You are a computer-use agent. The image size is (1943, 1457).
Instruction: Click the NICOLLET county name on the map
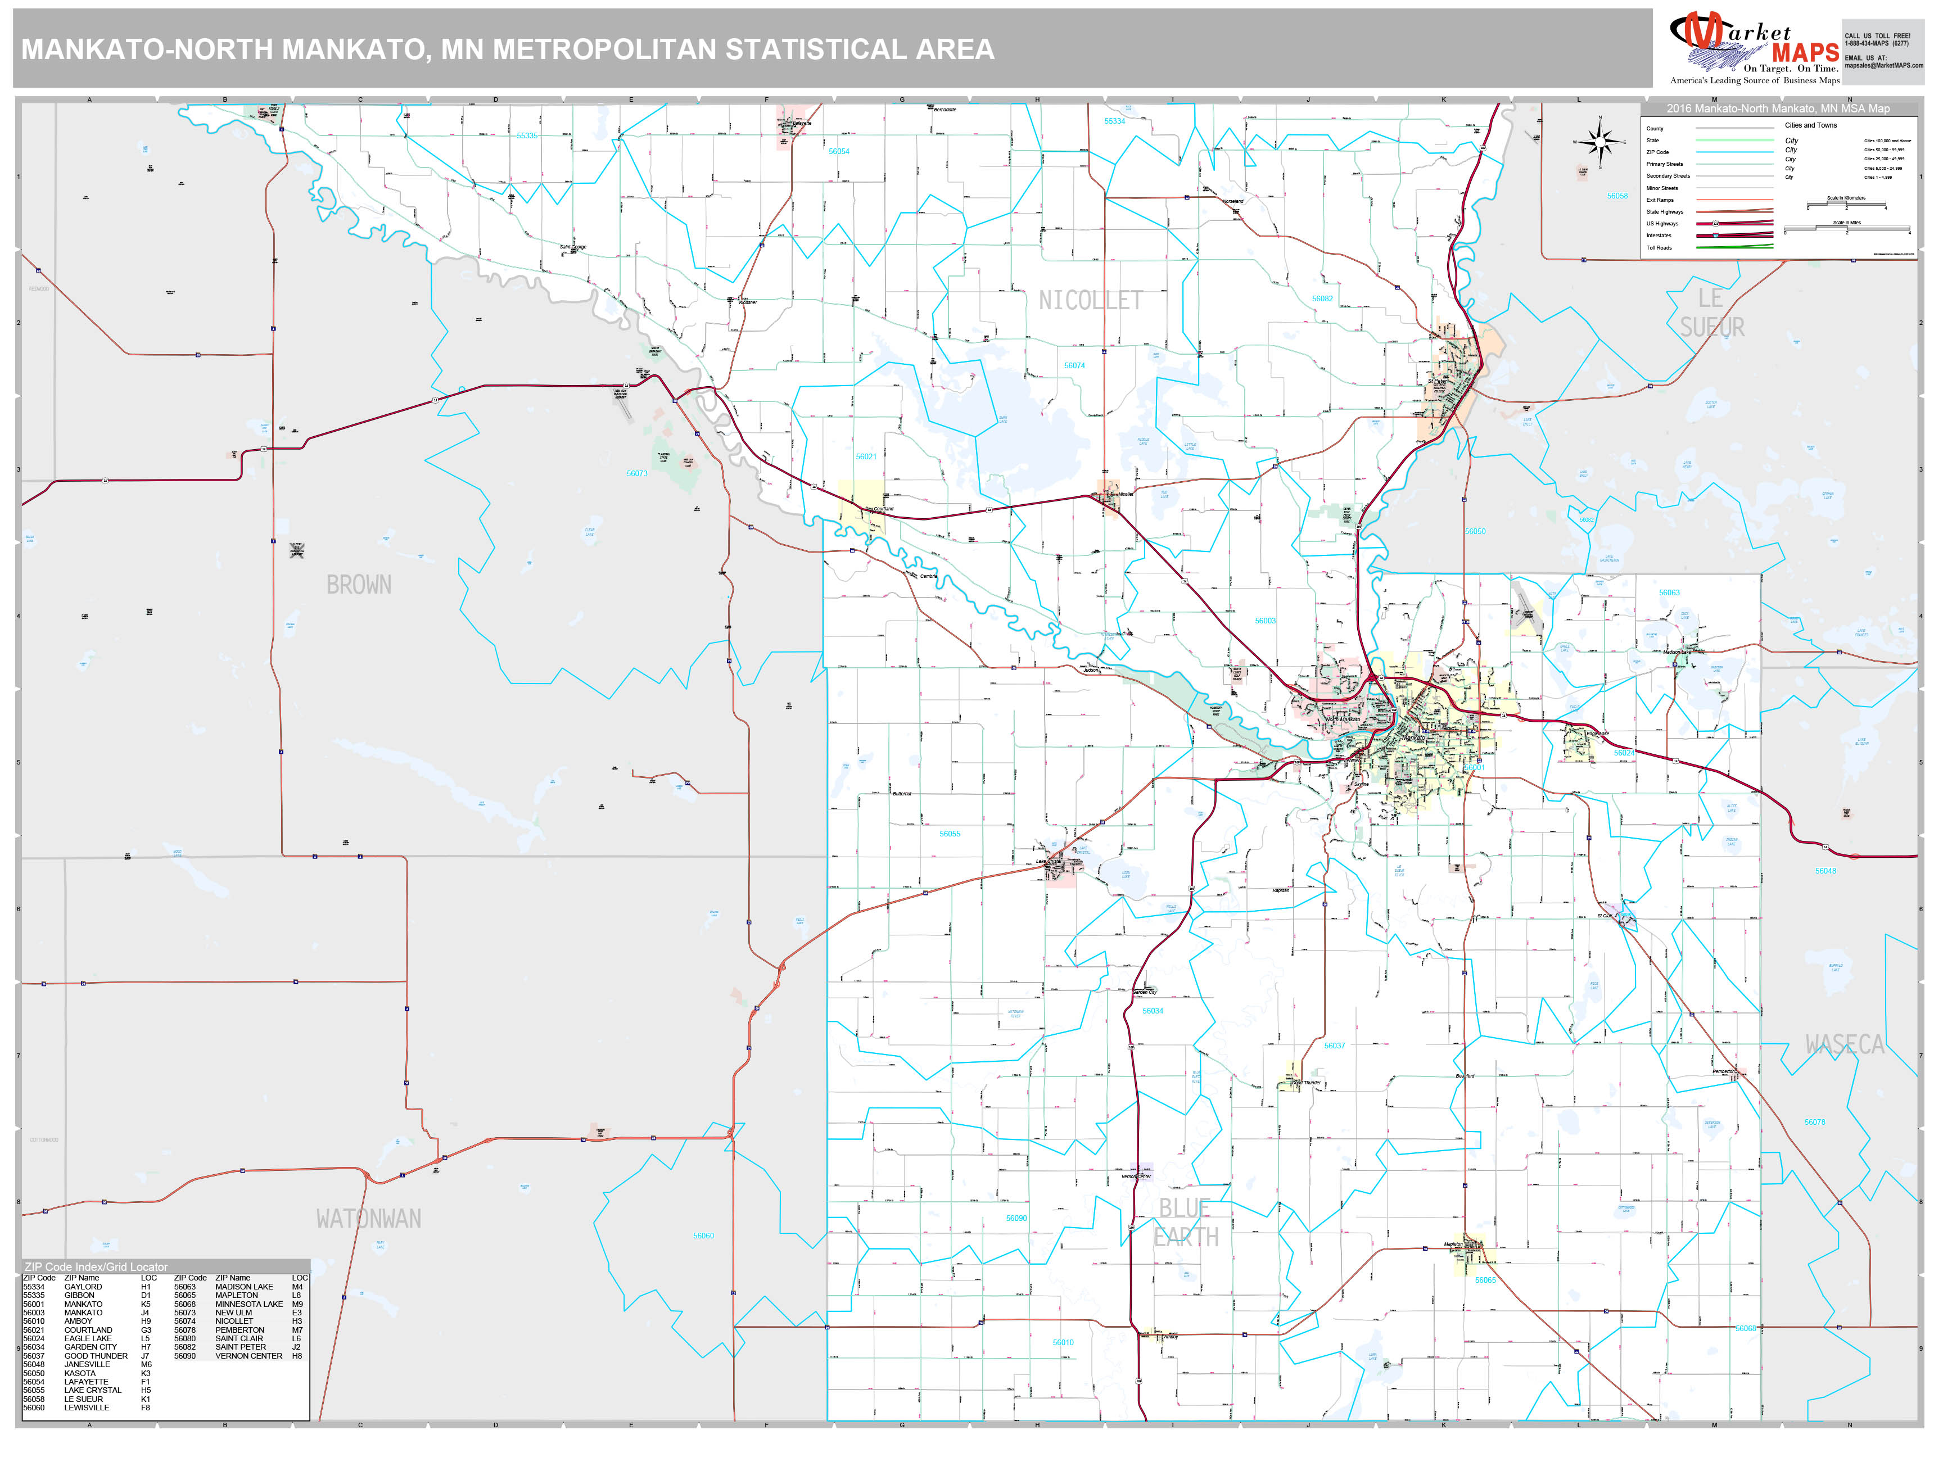[1090, 301]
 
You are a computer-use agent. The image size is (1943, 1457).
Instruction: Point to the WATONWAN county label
[369, 1219]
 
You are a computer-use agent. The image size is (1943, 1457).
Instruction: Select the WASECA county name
[1845, 1044]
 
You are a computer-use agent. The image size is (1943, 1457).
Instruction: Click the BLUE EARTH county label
[1185, 1223]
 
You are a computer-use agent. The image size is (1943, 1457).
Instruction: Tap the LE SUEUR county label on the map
[1712, 313]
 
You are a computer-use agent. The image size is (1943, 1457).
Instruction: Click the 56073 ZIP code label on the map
[637, 473]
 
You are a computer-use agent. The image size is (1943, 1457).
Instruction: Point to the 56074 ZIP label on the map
[1074, 365]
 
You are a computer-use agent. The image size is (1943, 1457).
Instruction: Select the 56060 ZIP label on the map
[703, 1236]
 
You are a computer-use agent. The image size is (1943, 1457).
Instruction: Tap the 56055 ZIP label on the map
[950, 834]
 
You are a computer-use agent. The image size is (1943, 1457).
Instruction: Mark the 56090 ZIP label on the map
[1016, 1218]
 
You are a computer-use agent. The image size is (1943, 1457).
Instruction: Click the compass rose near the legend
[1599, 142]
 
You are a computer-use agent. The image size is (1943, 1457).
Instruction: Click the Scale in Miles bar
[1846, 229]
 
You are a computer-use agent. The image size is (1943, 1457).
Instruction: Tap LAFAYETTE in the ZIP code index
[86, 1382]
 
